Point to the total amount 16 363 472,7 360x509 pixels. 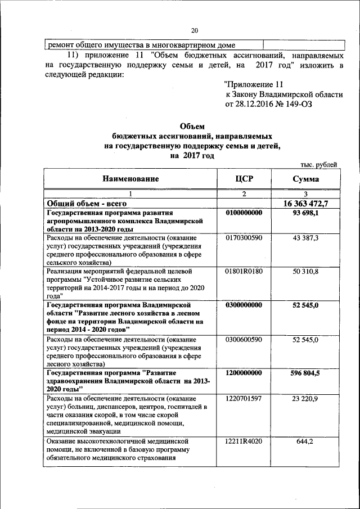point(305,203)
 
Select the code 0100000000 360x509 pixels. point(244,213)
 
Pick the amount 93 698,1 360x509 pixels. point(305,213)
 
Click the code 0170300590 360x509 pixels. point(244,239)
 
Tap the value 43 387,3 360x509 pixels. point(305,239)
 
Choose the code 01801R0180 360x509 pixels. point(244,272)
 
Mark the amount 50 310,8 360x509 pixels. point(305,272)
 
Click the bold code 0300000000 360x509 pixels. point(244,305)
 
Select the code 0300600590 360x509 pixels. point(244,340)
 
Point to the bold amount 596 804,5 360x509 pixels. point(305,372)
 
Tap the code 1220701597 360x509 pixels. point(244,398)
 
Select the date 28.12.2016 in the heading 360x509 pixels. point(251,104)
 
